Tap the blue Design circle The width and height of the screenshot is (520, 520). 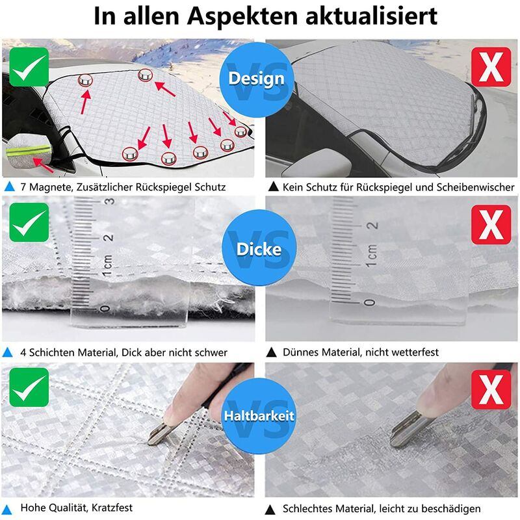(x=257, y=79)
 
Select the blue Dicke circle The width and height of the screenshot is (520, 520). (x=259, y=249)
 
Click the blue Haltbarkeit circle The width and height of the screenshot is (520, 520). (x=259, y=415)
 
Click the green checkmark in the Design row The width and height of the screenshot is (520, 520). (x=29, y=67)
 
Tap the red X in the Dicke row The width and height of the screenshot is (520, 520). (x=491, y=224)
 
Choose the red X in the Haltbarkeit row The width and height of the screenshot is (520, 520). (x=491, y=389)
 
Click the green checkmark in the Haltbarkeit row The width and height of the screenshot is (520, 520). (x=29, y=387)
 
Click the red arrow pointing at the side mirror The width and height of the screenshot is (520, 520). (x=43, y=165)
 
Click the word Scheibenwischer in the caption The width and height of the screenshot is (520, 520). (x=475, y=187)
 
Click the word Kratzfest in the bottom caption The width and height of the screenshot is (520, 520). (x=112, y=508)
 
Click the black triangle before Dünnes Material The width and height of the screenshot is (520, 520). (x=271, y=352)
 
